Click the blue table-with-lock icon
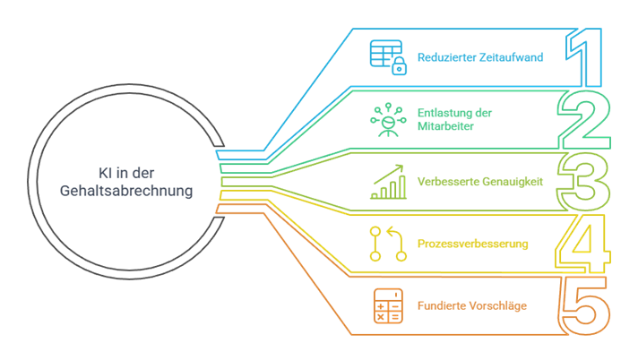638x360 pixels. point(389,56)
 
